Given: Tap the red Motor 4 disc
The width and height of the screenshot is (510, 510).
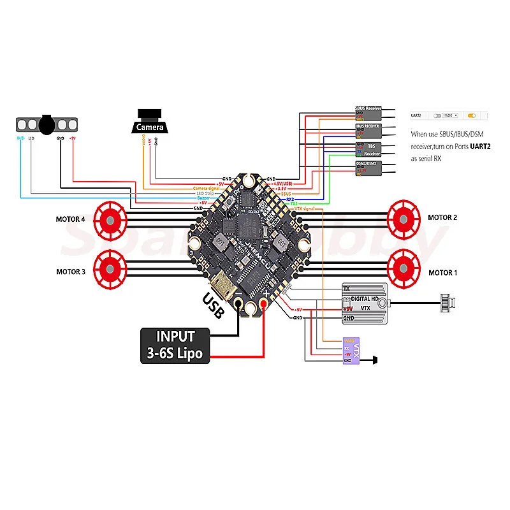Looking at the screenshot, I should pos(110,219).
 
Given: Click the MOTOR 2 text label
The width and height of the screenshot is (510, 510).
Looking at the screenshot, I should pos(442,217).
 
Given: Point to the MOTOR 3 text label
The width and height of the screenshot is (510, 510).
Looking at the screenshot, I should pos(71,272).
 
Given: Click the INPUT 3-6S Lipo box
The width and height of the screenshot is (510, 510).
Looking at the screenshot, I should pos(175,345).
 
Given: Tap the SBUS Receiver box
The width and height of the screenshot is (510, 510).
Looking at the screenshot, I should pos(368,113).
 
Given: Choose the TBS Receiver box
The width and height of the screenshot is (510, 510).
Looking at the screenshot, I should pos(368,150).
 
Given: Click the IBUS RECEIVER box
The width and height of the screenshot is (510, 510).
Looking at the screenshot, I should pos(368,131).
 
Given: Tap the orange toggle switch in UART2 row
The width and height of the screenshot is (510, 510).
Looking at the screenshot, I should pos(472,116).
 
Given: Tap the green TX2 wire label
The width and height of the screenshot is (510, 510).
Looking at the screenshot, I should pos(293,203).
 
